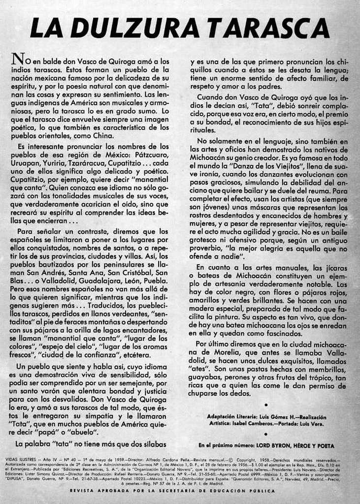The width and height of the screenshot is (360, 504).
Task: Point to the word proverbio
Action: coord(207,249)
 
